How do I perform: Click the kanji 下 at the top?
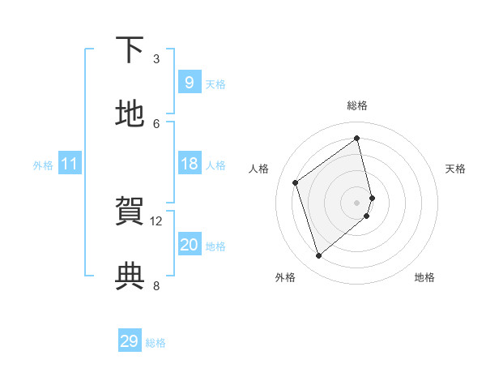click(x=130, y=51)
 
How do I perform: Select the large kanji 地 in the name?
click(x=130, y=114)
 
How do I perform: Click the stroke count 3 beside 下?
click(x=156, y=58)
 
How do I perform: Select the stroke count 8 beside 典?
click(x=156, y=285)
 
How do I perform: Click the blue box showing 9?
click(x=189, y=83)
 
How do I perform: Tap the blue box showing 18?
click(x=189, y=164)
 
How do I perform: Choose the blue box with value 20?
click(x=189, y=245)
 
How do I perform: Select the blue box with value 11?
click(x=69, y=164)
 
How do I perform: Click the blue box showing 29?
click(x=130, y=341)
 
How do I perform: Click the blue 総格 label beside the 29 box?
click(x=156, y=343)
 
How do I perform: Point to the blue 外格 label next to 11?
click(x=43, y=165)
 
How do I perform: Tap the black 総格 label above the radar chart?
click(x=357, y=105)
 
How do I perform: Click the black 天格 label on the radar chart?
click(x=456, y=169)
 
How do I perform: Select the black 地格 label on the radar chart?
click(x=424, y=277)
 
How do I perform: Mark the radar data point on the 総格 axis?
click(x=357, y=138)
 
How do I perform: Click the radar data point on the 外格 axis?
click(x=318, y=256)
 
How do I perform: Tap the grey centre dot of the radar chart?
click(x=357, y=202)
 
